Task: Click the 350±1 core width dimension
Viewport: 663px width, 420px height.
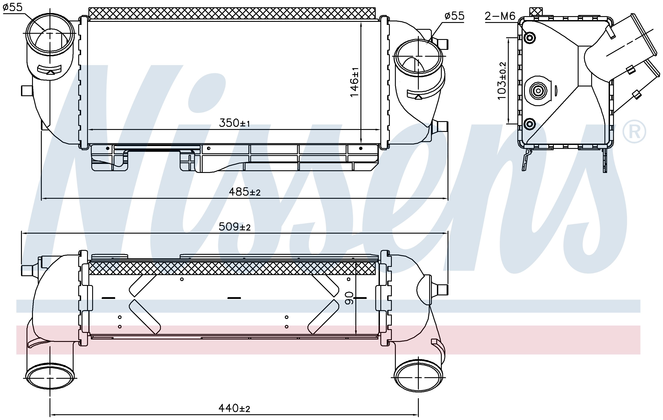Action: pyautogui.click(x=234, y=123)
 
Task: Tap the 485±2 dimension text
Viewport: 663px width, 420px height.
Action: pyautogui.click(x=244, y=192)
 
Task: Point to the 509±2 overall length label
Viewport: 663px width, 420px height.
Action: pyautogui.click(x=234, y=227)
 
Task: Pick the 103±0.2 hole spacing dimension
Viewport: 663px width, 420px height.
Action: pyautogui.click(x=502, y=81)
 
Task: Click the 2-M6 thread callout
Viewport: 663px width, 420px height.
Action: pyautogui.click(x=500, y=16)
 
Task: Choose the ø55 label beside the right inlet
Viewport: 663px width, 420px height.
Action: pyautogui.click(x=454, y=16)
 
